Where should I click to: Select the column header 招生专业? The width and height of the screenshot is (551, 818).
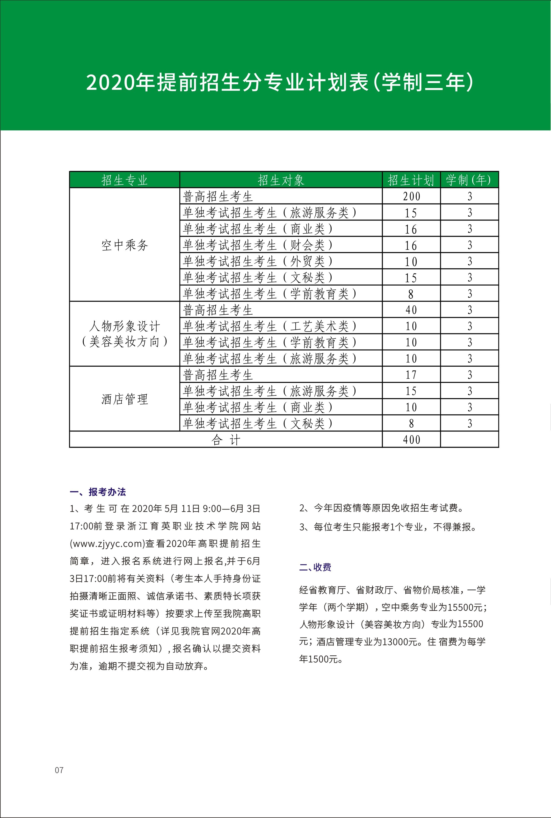tap(124, 180)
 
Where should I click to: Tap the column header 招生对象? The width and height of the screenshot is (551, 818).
tap(281, 180)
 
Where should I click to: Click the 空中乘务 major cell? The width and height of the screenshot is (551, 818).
tap(124, 245)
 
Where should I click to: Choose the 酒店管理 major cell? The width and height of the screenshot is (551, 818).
tap(124, 399)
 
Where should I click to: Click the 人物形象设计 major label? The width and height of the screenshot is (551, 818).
tap(124, 326)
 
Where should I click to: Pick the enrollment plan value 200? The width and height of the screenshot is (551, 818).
tap(411, 196)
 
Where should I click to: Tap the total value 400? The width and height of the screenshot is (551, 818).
tap(411, 440)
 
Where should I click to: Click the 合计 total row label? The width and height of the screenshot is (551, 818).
tap(226, 440)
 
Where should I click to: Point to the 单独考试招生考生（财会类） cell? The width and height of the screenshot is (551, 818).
tap(258, 245)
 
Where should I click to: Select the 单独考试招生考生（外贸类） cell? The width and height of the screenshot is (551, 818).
tap(258, 261)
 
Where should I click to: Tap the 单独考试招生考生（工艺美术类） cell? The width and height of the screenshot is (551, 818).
tap(269, 326)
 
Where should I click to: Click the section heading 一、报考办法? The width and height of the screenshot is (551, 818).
tap(98, 492)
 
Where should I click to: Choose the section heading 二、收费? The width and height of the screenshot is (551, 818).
tap(315, 567)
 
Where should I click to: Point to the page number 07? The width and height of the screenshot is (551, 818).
tap(59, 770)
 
